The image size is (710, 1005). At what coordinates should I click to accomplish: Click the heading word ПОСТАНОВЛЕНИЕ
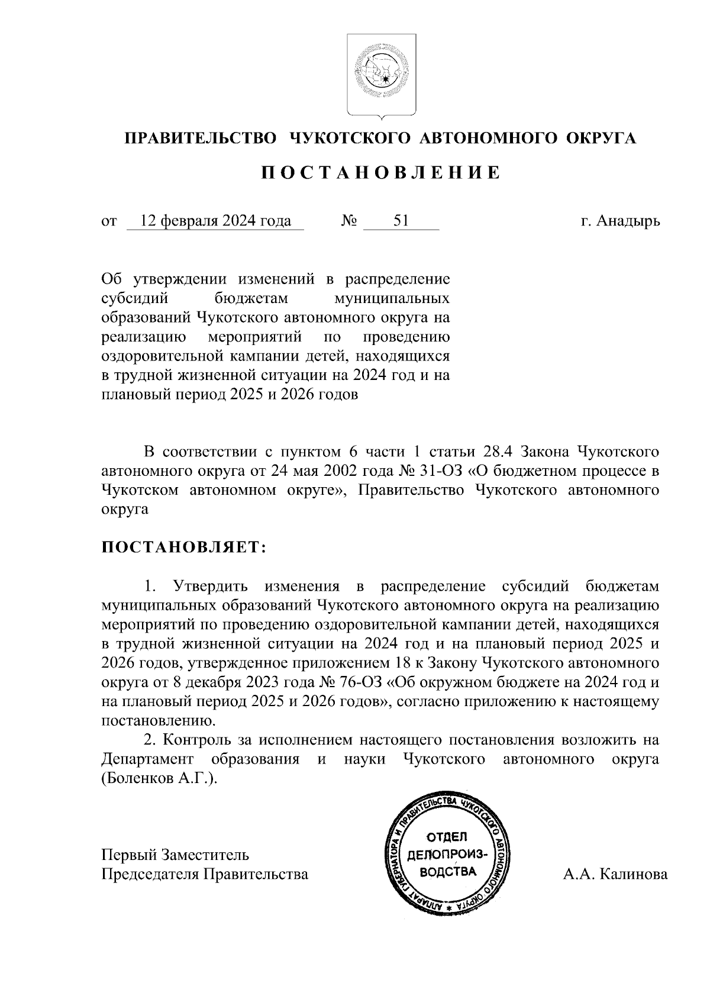coord(382,173)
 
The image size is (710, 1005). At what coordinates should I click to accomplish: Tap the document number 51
coord(401,221)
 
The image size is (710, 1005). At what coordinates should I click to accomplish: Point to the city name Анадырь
coord(628,221)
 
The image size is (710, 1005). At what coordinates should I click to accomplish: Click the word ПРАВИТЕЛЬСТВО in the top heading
coord(201,138)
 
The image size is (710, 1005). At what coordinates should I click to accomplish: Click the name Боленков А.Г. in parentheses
coord(157,778)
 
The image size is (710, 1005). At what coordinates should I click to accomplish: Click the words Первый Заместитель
coord(175,855)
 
